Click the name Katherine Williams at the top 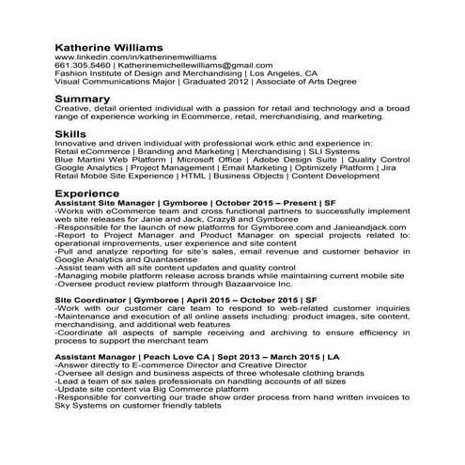[x=110, y=45]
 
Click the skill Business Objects [x=248, y=176]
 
